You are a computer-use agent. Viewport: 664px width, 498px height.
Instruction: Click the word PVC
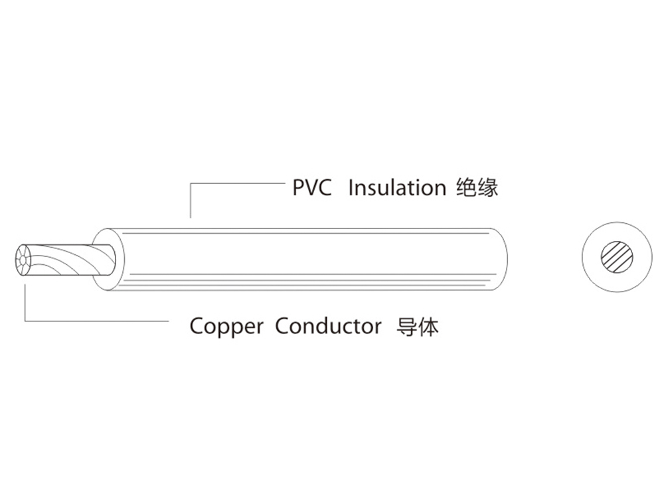[x=312, y=188]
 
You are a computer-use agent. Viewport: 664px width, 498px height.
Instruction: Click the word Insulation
[x=396, y=188]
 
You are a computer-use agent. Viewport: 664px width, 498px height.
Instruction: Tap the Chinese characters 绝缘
[x=477, y=188]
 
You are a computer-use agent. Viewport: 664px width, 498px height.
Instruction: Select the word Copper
[x=226, y=327]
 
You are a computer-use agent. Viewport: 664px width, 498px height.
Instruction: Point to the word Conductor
[x=328, y=327]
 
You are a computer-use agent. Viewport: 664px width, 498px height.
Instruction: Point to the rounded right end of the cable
[x=501, y=259]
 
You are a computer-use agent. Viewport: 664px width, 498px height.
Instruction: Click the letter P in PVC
[x=298, y=188]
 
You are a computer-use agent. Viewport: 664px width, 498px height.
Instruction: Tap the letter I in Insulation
[x=351, y=188]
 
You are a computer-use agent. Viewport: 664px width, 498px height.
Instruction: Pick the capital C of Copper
[x=197, y=327]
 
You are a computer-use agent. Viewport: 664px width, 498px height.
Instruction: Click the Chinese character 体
[x=428, y=327]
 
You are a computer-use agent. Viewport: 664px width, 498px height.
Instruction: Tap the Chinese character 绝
[x=467, y=188]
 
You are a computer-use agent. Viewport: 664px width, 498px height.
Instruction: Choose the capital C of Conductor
[x=282, y=327]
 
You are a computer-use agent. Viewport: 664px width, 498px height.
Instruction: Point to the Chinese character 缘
[x=488, y=188]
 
